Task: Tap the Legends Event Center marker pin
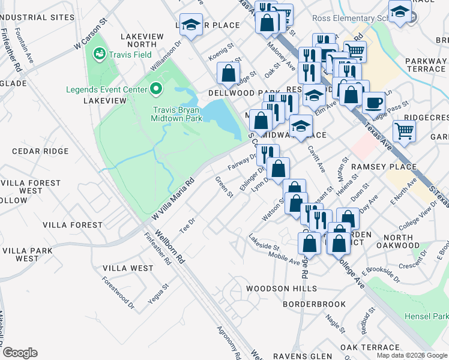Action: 157,90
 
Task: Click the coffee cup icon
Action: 373,101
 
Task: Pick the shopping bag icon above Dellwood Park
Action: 228,74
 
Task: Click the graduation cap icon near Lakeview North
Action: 191,25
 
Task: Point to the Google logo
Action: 20,353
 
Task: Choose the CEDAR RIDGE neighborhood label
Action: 31,151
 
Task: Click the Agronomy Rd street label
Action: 228,342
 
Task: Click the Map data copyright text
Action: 412,355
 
